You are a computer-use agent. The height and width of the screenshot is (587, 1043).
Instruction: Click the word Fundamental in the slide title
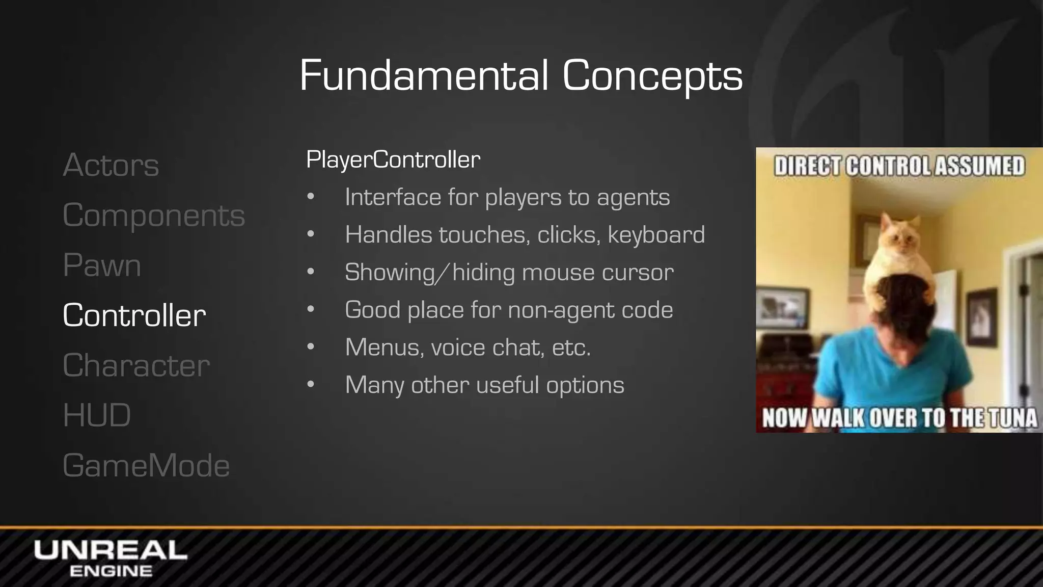[424, 75]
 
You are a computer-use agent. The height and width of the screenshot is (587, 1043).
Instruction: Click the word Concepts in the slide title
[652, 75]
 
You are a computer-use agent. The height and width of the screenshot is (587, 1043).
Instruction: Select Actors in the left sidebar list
[111, 165]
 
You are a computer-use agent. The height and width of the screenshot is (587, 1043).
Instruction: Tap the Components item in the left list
[154, 215]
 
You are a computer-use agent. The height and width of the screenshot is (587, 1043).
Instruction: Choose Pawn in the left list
[102, 265]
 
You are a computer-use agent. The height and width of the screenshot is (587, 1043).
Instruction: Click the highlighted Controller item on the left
[134, 315]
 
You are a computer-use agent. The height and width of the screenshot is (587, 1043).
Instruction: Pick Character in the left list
[136, 365]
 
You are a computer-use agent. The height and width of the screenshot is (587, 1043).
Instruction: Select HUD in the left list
[97, 415]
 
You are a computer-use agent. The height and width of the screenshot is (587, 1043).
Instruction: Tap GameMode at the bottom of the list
[146, 465]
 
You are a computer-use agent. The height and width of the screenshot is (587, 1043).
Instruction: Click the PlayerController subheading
[393, 159]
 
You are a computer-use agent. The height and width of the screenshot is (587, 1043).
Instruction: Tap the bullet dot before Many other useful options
[311, 385]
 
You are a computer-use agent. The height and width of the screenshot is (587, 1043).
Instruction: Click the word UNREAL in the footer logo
[111, 550]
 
